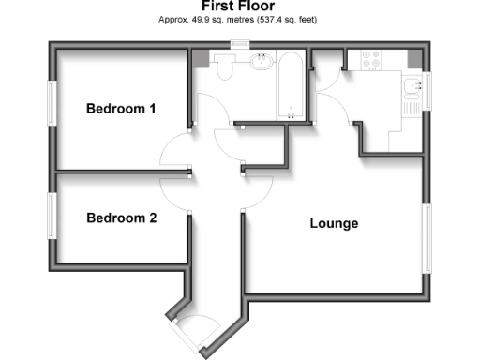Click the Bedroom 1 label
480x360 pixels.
click(x=121, y=109)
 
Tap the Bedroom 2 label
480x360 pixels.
click(x=121, y=218)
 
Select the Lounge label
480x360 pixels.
click(x=335, y=224)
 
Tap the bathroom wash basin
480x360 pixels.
click(x=262, y=64)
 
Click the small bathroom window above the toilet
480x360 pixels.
click(x=240, y=43)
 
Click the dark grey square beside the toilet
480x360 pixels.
click(x=200, y=58)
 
